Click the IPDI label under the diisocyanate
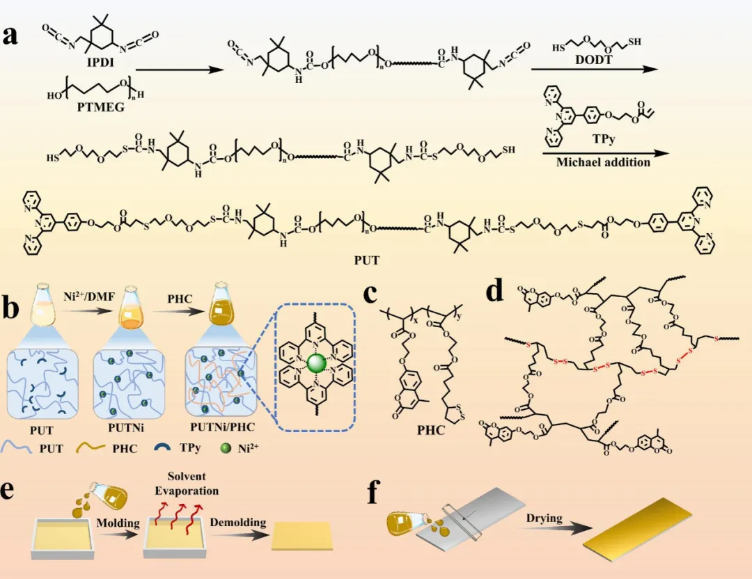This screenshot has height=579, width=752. [x=101, y=62]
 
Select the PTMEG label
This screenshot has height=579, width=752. [x=101, y=106]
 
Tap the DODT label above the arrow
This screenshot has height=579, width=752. [x=594, y=59]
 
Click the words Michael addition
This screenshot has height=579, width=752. [x=603, y=162]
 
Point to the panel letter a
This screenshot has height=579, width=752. [x=10, y=36]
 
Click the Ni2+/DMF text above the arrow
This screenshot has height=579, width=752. [x=89, y=296]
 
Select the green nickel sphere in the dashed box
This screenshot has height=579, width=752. [x=317, y=363]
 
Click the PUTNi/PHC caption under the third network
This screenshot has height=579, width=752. [x=223, y=427]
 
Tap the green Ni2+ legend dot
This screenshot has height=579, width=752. [x=225, y=449]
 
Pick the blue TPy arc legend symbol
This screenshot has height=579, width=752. [x=162, y=447]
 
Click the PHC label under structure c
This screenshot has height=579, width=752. [x=431, y=430]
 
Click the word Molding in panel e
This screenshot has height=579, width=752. [x=118, y=523]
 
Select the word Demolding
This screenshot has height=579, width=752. [x=238, y=522]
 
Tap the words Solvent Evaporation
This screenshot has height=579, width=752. [x=187, y=484]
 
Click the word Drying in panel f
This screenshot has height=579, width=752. [x=545, y=518]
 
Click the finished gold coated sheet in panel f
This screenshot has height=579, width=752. [x=637, y=529]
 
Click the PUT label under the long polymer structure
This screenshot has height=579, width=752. [x=367, y=260]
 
